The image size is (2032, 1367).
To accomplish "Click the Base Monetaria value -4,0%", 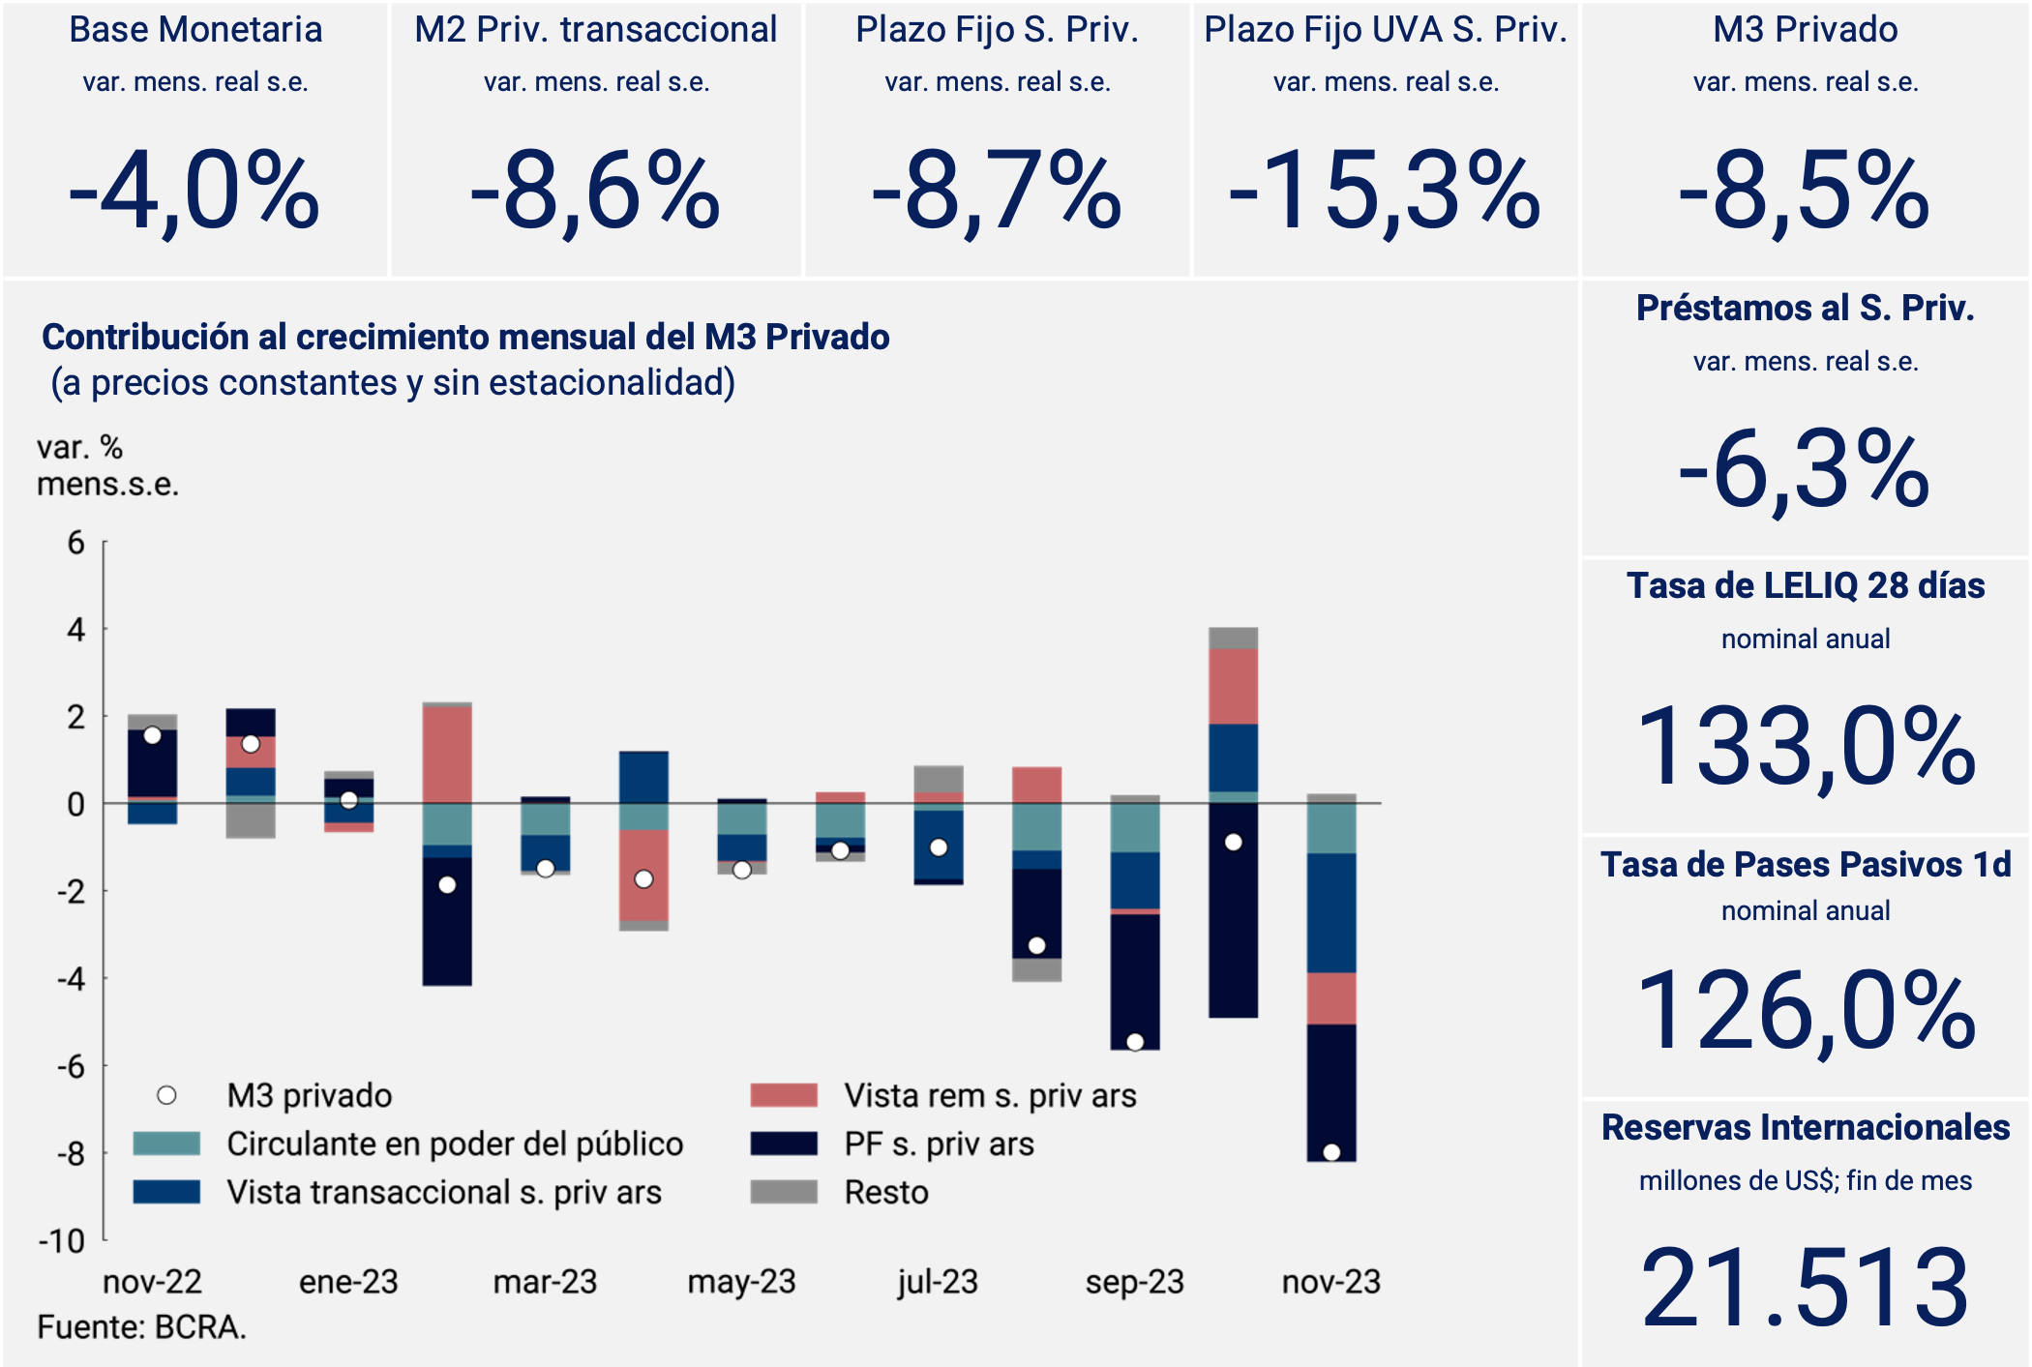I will [194, 192].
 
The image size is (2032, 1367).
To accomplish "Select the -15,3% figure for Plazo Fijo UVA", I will [1385, 192].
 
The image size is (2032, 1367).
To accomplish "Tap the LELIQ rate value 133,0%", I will [1806, 747].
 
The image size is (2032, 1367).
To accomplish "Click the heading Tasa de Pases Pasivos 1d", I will [1806, 864].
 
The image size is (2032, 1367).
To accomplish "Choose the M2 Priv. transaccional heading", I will [595, 30].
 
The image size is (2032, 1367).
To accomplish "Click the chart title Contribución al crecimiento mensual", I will [465, 337].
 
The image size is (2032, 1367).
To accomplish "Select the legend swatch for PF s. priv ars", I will [784, 1144].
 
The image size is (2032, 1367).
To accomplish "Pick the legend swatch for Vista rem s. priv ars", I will [784, 1095].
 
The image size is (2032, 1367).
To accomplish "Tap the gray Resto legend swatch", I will [784, 1192].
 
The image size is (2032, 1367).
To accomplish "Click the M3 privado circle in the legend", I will [167, 1095].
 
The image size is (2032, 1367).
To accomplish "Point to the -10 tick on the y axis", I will [62, 1240].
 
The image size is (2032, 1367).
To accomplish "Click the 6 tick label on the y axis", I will [75, 543].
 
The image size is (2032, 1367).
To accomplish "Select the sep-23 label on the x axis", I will [1135, 1282].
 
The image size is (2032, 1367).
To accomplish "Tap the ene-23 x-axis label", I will [348, 1282].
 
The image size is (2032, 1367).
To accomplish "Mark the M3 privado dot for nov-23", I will [1331, 1152].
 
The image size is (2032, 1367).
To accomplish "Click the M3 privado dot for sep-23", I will [1135, 1042].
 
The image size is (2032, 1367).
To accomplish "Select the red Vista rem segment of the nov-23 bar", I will [1331, 998].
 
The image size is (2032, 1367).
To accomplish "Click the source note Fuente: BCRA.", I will [142, 1327].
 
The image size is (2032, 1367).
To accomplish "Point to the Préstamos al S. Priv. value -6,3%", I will [1806, 471].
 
